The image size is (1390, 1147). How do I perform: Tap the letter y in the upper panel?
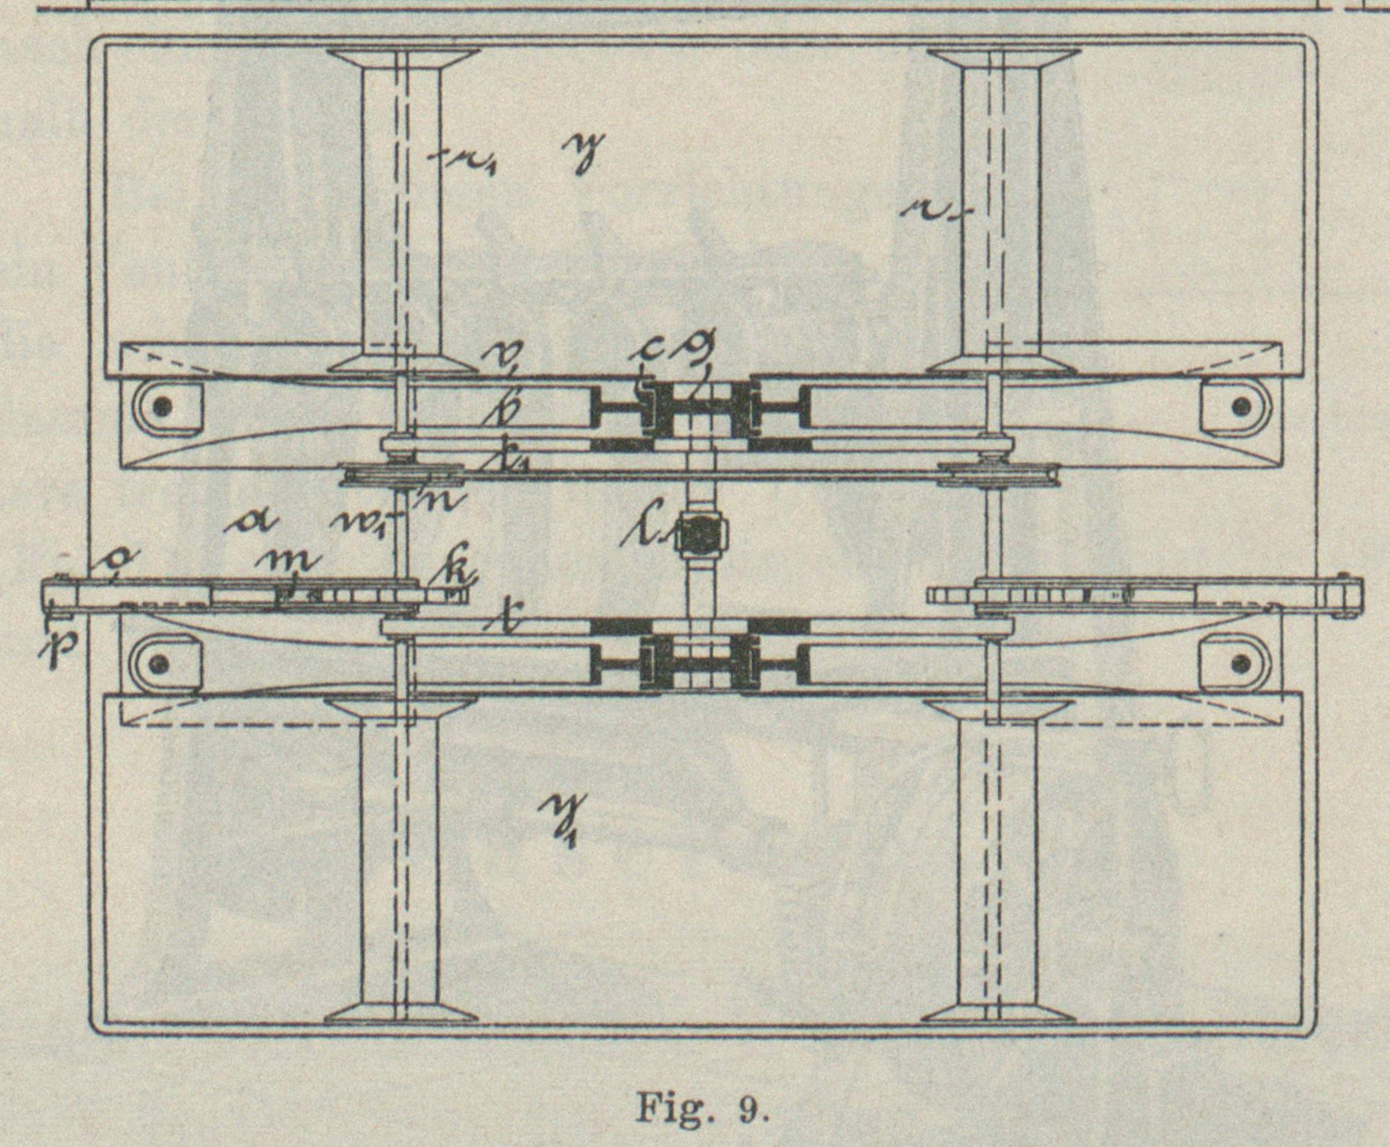(x=584, y=152)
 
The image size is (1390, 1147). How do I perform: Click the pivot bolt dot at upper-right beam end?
(x=1241, y=407)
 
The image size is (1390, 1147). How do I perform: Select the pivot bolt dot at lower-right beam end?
(x=1241, y=663)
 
